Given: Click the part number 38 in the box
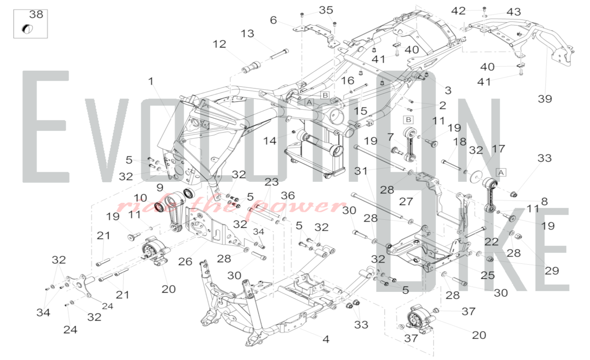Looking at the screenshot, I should [x=36, y=14].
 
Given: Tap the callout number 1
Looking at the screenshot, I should [x=151, y=81].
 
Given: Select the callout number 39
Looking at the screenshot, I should [x=545, y=99].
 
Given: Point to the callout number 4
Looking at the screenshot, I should [x=326, y=339].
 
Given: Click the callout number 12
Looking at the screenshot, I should [x=219, y=44].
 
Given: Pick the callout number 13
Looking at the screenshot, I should [x=247, y=34].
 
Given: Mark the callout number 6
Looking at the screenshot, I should [x=273, y=20].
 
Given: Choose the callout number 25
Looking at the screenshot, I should [x=487, y=275].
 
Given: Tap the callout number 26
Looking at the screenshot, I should [x=185, y=261].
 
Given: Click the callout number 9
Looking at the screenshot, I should [x=160, y=187].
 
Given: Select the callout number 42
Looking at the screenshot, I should [x=458, y=11].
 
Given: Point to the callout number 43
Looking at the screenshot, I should [x=514, y=12].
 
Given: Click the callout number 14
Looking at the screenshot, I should [x=270, y=141].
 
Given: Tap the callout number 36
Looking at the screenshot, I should [x=288, y=195].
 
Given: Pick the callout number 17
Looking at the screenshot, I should [x=498, y=149].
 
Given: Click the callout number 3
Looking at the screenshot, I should [x=448, y=90].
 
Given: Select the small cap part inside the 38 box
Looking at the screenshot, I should [x=27, y=29].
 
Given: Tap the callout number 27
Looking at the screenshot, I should [x=406, y=202].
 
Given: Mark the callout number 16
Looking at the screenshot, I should [x=348, y=81].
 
